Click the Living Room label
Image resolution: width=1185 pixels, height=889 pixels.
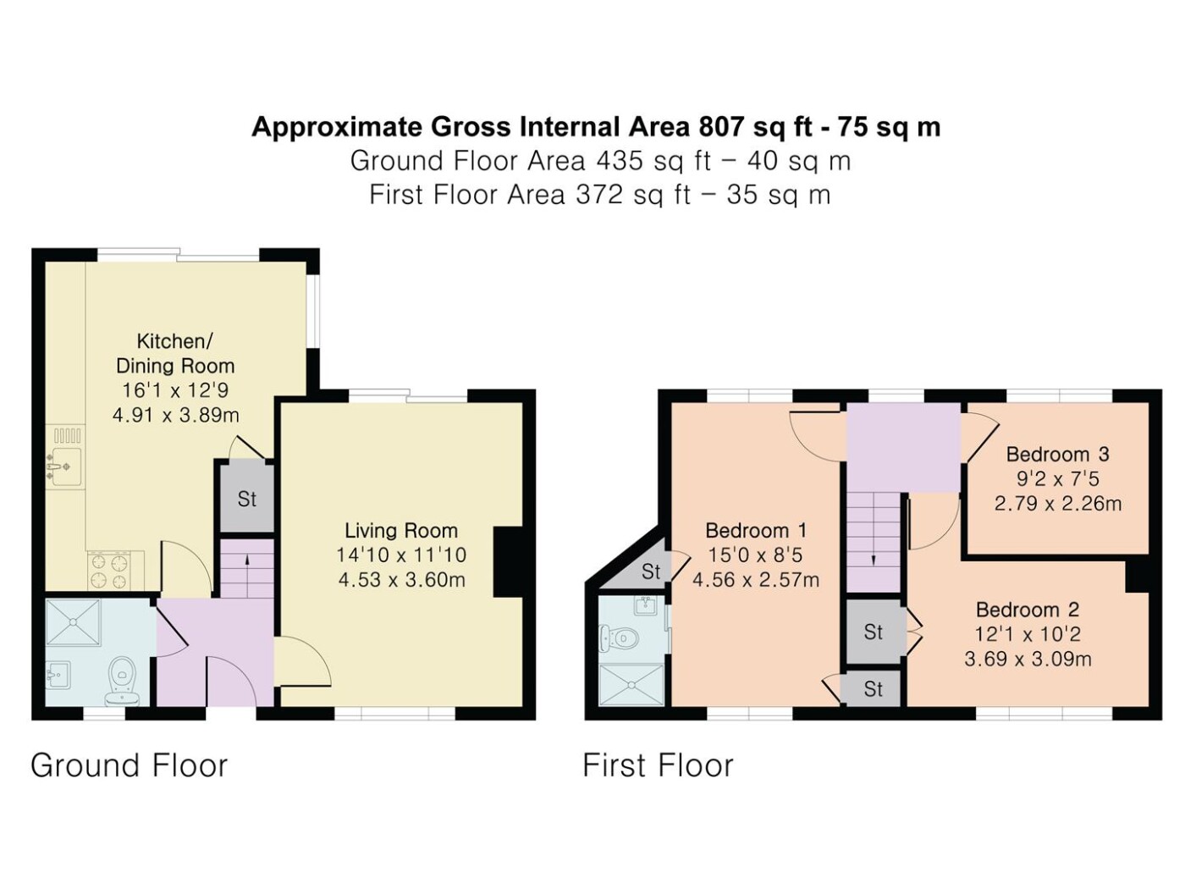click(401, 531)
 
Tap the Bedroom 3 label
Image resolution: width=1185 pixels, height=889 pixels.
click(1057, 454)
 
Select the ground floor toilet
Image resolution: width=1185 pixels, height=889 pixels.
click(122, 680)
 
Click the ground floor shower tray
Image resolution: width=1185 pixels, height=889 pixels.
click(73, 621)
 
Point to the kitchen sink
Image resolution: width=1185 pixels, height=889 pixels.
click(65, 466)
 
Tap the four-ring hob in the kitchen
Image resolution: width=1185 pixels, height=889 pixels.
click(108, 571)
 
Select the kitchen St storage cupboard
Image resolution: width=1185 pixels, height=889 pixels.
click(246, 498)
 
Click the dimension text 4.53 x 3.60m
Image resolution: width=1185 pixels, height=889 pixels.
click(402, 580)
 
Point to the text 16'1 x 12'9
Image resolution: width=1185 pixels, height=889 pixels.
click(175, 389)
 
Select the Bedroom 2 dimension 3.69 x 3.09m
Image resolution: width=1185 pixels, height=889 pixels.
click(1028, 659)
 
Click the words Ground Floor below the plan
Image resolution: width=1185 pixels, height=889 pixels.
click(130, 765)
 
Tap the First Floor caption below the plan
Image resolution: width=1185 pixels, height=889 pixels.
click(658, 765)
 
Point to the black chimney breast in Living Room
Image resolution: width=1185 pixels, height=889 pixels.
click(508, 561)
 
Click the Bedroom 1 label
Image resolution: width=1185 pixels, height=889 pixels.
click(756, 531)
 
